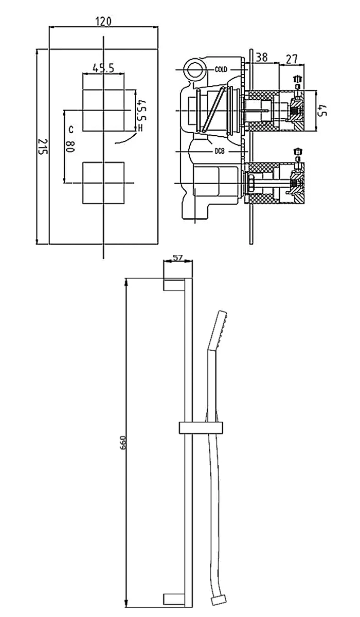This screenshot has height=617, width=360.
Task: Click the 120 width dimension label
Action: (103, 21)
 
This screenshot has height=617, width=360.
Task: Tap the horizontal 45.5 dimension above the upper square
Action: (103, 67)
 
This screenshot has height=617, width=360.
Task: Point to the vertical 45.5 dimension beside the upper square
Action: (140, 111)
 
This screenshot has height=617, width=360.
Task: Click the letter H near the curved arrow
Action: (140, 128)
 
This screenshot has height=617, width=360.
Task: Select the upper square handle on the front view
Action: (104, 102)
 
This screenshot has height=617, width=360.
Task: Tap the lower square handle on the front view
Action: (103, 183)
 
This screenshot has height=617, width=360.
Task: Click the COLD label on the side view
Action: (221, 69)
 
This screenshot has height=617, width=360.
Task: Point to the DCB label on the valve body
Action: (221, 151)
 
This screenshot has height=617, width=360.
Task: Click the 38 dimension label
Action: (261, 58)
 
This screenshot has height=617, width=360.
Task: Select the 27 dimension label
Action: (292, 59)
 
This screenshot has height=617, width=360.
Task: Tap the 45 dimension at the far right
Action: (322, 111)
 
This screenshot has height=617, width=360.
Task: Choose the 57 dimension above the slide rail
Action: (178, 258)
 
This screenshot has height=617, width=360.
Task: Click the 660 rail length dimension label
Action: (122, 443)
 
